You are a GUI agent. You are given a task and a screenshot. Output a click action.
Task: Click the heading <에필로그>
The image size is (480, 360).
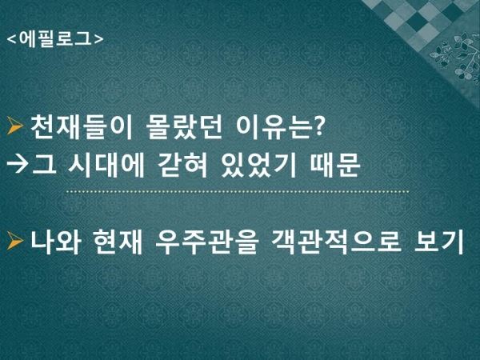point(55,39)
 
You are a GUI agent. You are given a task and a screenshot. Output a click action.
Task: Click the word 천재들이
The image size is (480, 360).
point(81,128)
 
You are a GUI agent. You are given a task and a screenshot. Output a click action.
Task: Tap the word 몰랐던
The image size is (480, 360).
point(184,128)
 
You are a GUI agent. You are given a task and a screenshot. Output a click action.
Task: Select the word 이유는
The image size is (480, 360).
point(274,128)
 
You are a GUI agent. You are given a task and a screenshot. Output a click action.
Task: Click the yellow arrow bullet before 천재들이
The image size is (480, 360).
point(15,126)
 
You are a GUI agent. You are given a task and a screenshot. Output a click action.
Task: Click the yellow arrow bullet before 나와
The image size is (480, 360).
point(15,241)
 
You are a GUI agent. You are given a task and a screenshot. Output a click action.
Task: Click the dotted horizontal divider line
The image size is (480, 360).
point(238,192)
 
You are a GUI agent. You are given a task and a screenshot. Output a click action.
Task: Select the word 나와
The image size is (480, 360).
point(56,242)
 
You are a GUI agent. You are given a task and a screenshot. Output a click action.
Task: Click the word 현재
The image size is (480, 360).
point(118,242)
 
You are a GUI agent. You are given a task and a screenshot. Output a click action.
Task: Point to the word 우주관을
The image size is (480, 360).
point(207,242)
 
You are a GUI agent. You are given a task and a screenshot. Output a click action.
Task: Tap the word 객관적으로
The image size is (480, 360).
point(336,242)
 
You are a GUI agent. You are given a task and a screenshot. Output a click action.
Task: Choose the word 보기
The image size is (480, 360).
point(438,242)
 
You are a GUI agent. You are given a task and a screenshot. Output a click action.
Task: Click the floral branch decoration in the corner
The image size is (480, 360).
point(456,55)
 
